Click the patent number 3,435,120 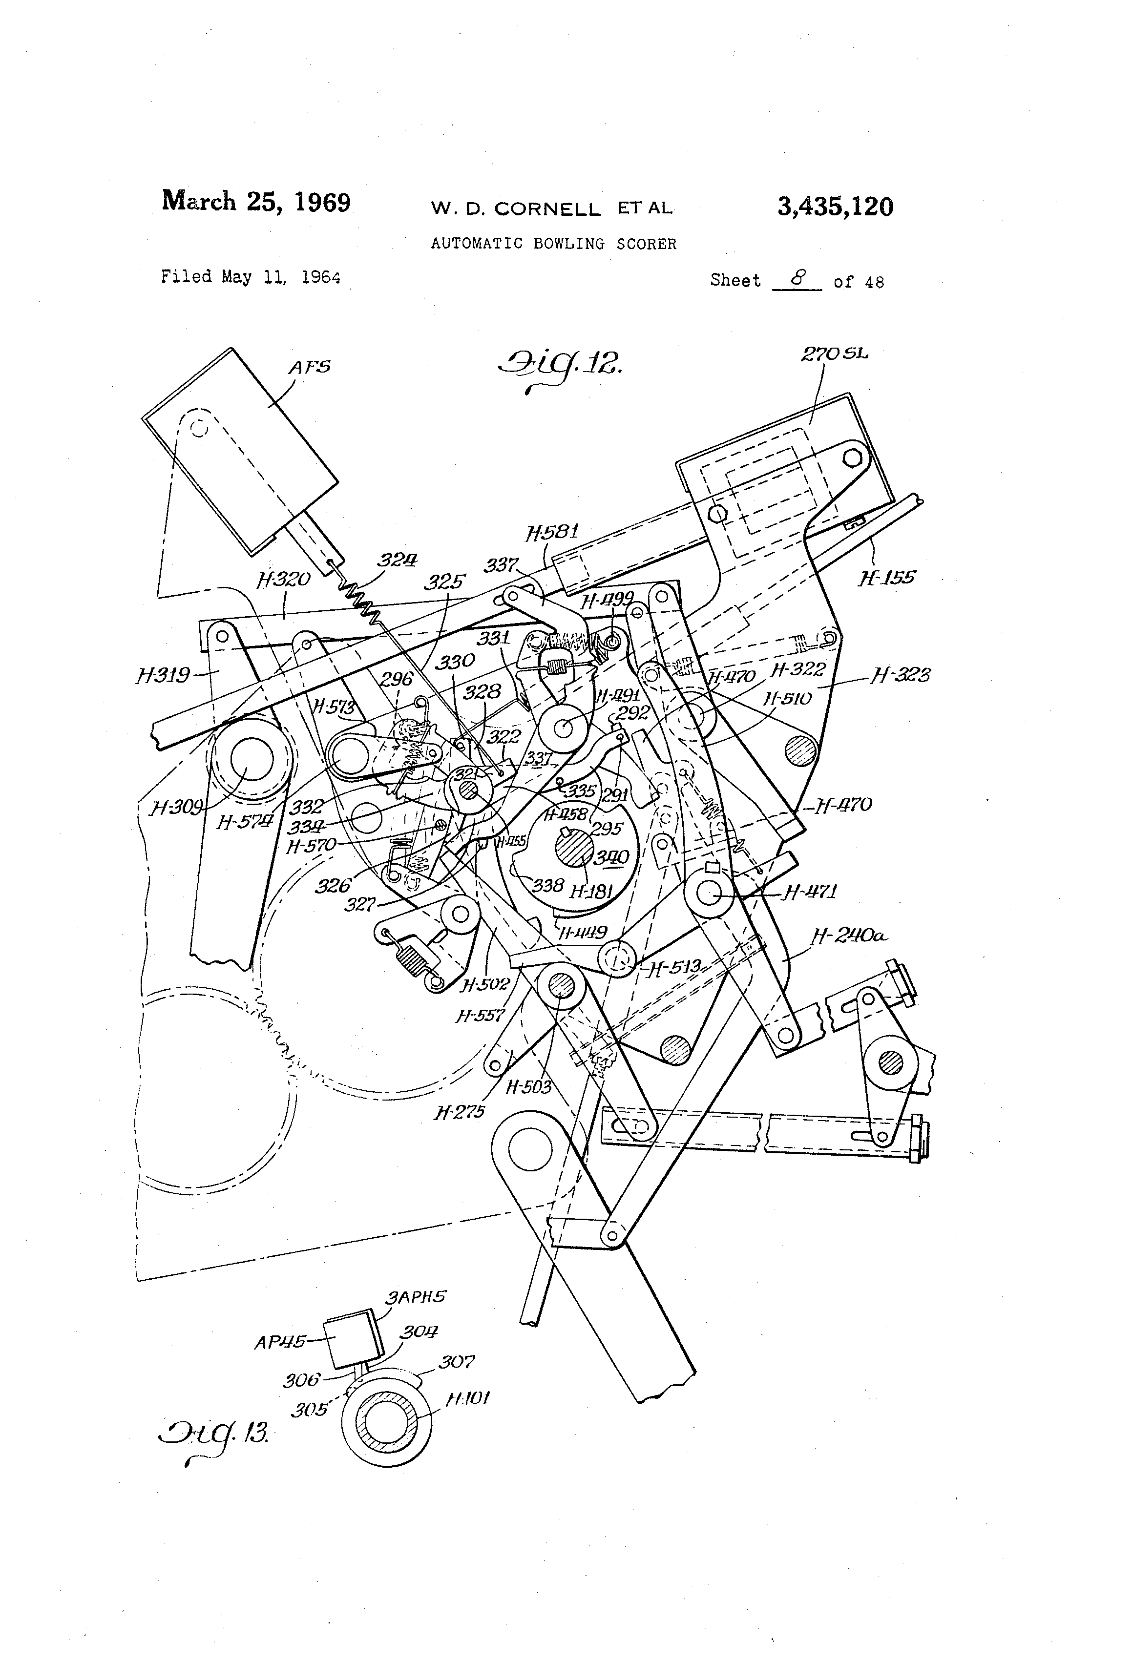[x=835, y=208]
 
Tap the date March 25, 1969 [x=256, y=201]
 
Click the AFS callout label [x=310, y=367]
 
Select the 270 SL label [x=834, y=354]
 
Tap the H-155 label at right [x=887, y=577]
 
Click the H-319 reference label [x=163, y=674]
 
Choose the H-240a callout [x=849, y=935]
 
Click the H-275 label [x=459, y=1112]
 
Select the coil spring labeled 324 [x=362, y=602]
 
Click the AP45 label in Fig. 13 [x=280, y=1343]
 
